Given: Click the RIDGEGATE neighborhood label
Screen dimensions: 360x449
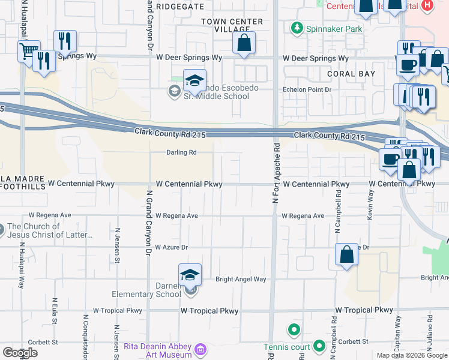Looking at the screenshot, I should pos(179,5).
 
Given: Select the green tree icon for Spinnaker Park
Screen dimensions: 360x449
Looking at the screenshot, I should pos(296,28).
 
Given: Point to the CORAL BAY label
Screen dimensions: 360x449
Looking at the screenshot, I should pos(351,74).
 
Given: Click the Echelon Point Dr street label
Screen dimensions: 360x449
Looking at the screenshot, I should pos(307,90).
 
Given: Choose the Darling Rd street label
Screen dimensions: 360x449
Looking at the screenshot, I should pos(182,152).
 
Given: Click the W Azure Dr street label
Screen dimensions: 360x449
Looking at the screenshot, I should pos(172,247).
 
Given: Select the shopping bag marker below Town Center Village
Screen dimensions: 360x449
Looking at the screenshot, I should pos(244,43).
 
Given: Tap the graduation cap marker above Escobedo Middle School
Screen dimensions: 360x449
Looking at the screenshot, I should pos(194,80).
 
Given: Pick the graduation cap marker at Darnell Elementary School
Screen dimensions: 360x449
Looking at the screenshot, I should pos(190,275).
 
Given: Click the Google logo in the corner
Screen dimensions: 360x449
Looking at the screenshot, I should pos(20,353).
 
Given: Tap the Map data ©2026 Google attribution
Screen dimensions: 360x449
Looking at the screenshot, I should pos(411,355).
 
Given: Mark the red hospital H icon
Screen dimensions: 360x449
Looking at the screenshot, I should pos(427,5).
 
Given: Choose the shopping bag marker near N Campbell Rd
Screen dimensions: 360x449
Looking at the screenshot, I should pos(347,255).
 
